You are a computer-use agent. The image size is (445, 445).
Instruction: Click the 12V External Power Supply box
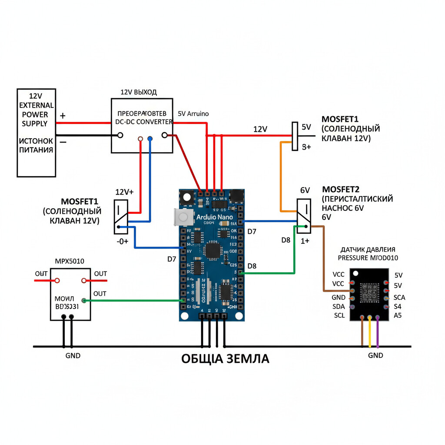pos(36,133)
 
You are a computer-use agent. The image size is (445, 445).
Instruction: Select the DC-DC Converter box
pos(142,126)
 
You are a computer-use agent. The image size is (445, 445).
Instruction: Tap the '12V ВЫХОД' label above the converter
pos(139,93)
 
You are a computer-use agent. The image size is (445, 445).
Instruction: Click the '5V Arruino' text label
pos(193,113)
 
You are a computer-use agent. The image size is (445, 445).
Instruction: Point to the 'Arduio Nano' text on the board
pos(214,217)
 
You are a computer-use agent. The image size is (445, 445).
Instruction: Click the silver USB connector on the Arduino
pos(183,217)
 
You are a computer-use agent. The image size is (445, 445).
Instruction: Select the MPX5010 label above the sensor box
pos(70,261)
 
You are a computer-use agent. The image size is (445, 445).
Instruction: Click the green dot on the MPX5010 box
pos(84,300)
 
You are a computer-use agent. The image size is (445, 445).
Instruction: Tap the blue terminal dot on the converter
pos(150,139)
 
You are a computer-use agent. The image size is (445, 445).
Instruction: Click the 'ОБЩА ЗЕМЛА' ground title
pos(225,359)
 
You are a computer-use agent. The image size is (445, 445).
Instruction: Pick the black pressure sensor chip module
pos(369,294)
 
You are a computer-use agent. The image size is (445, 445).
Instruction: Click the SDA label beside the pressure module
pos(339,307)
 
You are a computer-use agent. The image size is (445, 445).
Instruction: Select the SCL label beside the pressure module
pos(339,315)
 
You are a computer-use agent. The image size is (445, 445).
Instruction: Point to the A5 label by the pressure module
pos(398,315)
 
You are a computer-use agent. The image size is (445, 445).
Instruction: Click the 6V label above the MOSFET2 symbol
pos(305,190)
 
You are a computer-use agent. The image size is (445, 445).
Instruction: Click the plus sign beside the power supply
pos(63,116)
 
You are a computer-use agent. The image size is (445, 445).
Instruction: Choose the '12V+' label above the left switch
pos(124,192)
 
